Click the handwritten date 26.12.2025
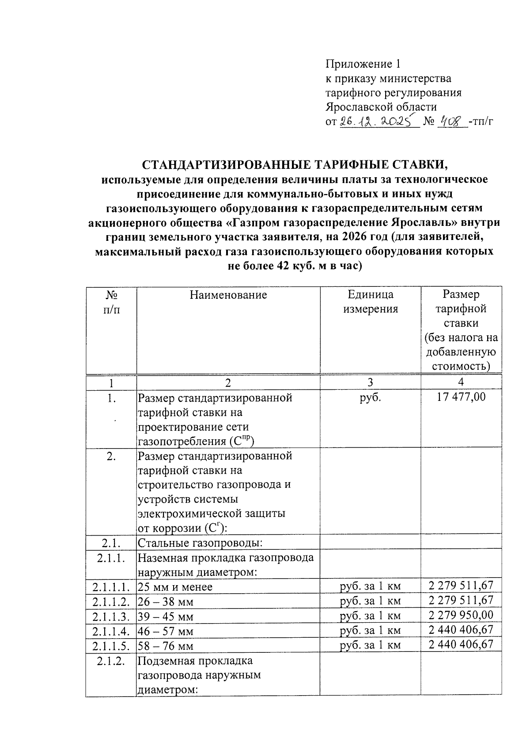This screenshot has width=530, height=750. point(379,121)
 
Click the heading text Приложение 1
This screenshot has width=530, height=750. point(363,64)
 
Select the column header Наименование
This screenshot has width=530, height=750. point(228,295)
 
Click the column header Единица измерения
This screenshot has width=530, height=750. point(371,302)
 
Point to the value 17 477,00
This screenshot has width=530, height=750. point(461,397)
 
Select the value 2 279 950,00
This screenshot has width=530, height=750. point(461,615)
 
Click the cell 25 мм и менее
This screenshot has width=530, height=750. point(175,587)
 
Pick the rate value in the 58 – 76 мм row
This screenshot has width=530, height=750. point(461,644)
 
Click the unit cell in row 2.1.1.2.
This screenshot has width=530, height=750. point(370,602)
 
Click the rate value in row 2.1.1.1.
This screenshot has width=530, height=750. point(461,586)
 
